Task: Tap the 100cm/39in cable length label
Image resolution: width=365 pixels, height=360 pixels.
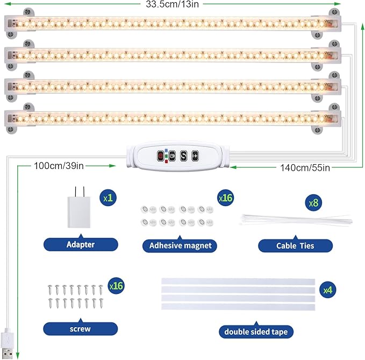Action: tap(59, 165)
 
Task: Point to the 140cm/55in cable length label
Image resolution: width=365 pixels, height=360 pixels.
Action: tap(305, 167)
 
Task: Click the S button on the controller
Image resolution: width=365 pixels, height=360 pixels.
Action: tap(183, 156)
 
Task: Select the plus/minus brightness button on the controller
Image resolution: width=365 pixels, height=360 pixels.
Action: tap(195, 156)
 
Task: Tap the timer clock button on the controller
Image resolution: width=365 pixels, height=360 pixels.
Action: tap(172, 156)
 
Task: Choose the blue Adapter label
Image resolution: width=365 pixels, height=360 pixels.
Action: tap(81, 244)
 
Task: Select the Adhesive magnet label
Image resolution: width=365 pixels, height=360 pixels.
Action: tap(180, 245)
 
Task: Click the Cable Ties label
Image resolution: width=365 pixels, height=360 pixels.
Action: tap(295, 245)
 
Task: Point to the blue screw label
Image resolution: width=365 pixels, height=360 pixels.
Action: tap(80, 328)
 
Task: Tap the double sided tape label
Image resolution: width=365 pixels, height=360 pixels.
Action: tap(256, 331)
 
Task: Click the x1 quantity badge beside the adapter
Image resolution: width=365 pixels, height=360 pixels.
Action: tap(108, 198)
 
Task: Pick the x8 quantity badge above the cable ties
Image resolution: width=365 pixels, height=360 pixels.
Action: tap(313, 204)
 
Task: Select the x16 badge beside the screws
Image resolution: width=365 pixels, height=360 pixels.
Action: tap(116, 286)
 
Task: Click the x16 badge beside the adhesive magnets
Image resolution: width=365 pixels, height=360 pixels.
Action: tap(225, 198)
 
